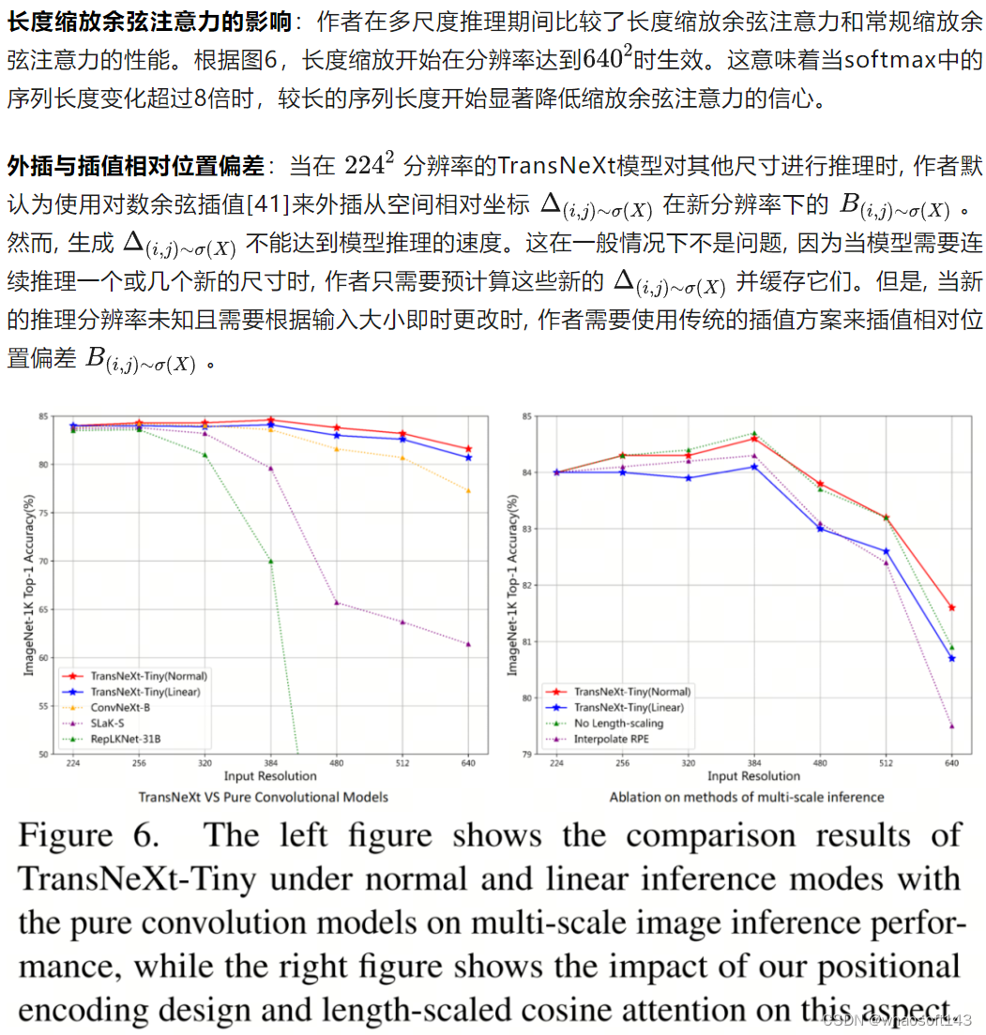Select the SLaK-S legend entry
point(110,724)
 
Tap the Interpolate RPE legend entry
point(612,740)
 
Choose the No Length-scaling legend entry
point(618,724)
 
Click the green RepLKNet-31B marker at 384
point(270,561)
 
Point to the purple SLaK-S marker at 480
point(337,603)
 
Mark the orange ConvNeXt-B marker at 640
point(468,490)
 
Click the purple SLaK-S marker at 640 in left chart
point(468,644)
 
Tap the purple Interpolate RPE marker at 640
point(951,727)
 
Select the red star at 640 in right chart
point(951,607)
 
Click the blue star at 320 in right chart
point(689,478)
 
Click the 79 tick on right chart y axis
point(526,754)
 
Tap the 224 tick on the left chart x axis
point(72,764)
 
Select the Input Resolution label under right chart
point(753,776)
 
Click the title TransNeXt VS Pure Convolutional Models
point(264,797)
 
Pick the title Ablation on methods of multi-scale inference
point(747,797)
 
